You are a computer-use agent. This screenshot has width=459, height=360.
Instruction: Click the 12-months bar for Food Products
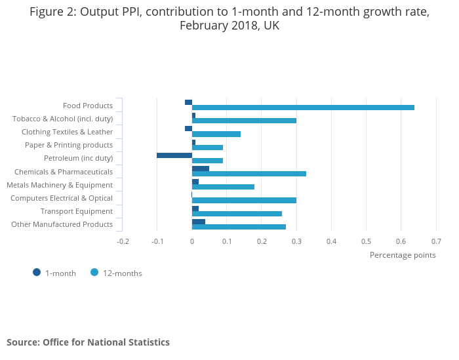point(303,108)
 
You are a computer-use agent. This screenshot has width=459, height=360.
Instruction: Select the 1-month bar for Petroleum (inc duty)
point(174,155)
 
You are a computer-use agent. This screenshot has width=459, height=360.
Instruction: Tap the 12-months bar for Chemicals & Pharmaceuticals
point(249,174)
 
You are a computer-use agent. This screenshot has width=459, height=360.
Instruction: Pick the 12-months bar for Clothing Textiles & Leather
point(216,134)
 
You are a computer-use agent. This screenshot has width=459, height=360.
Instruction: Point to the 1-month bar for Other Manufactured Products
point(199,222)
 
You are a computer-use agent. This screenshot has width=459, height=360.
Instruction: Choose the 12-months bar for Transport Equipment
point(237,214)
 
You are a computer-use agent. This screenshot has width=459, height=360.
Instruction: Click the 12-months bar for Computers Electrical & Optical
point(244,201)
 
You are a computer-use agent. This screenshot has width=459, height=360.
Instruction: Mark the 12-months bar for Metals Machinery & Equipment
point(223,187)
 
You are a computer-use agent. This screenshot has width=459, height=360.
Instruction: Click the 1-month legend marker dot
point(37,273)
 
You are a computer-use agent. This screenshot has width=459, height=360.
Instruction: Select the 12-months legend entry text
point(122,273)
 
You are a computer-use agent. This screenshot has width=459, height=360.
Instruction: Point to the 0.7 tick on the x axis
point(436,241)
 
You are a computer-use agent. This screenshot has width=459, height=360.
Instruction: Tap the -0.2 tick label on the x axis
point(123,241)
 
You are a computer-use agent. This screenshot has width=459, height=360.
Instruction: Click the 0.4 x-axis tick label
point(331,241)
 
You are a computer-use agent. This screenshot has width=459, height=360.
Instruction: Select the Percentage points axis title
point(403,255)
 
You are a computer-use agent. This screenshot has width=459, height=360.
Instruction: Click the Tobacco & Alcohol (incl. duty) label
point(62,119)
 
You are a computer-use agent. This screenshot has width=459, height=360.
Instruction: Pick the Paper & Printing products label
point(69,145)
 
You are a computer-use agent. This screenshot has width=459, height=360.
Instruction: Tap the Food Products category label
point(88,106)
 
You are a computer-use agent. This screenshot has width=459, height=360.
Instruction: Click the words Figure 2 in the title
point(52,12)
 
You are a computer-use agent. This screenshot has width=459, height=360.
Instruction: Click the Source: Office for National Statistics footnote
point(88,342)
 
